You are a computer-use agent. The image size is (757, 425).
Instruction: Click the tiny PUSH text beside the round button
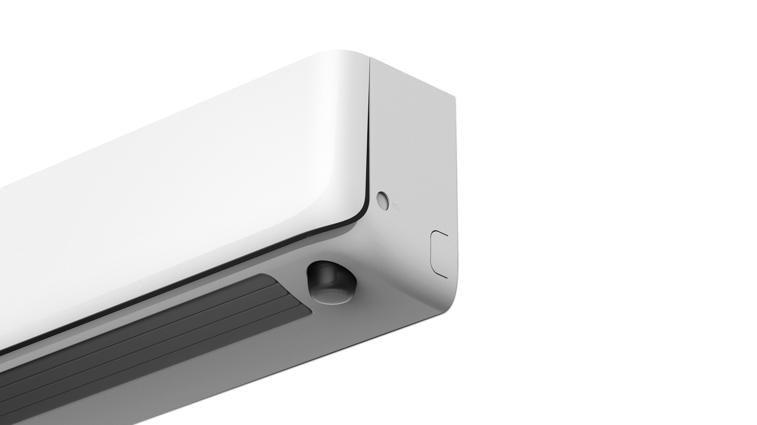coord(394,203)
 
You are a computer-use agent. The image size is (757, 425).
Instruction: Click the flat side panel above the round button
coord(410,133)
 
